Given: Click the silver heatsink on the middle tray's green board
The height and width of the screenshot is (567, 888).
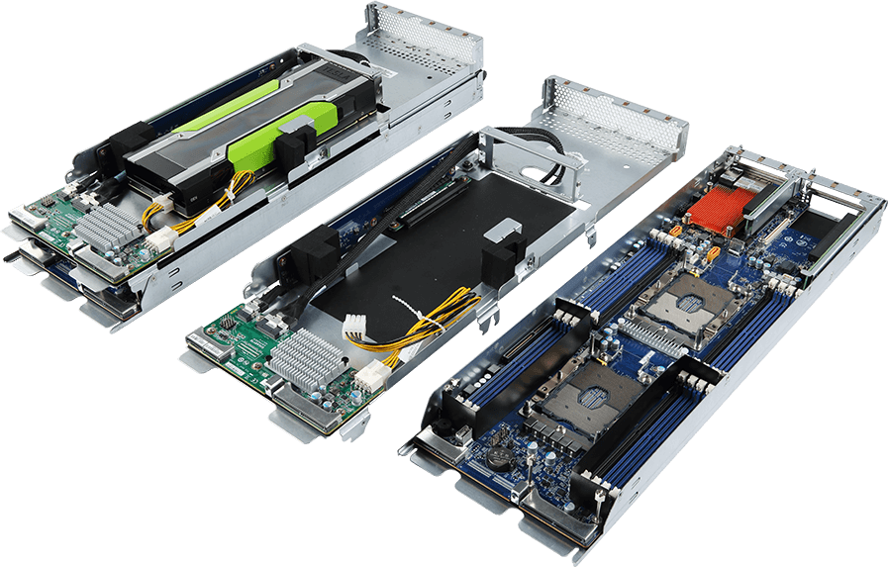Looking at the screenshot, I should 303,355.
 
